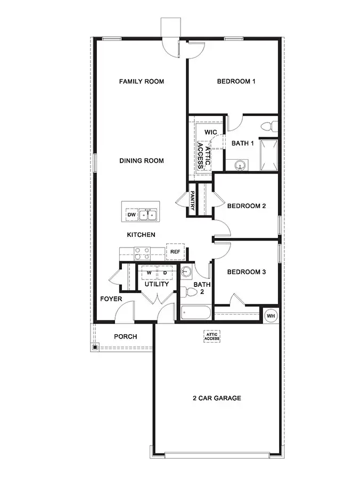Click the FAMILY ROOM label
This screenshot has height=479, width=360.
[141, 81]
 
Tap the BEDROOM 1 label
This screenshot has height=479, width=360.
[236, 81]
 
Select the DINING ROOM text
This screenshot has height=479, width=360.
[141, 161]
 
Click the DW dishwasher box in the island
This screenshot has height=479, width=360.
[131, 215]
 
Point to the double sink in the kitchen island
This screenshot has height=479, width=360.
[148, 215]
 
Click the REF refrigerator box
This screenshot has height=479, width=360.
[175, 252]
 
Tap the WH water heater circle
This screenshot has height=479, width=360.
[271, 315]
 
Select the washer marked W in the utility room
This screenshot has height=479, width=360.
[149, 272]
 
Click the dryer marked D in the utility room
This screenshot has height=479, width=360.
[165, 272]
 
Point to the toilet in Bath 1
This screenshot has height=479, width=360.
[269, 127]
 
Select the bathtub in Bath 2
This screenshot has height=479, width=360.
[196, 312]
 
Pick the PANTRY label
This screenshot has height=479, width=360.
[192, 200]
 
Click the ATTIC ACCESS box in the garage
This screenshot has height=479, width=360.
[212, 336]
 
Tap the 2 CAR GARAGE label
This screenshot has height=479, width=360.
[217, 398]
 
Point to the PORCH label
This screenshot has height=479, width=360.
[126, 336]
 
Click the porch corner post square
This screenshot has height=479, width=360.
[95, 348]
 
